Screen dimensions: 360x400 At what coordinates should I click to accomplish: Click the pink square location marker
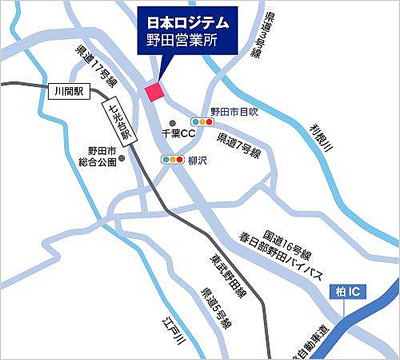(x=154, y=92)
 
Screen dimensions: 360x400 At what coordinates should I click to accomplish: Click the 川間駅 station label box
(x=69, y=91)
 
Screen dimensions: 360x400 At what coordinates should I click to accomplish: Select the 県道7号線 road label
(x=241, y=145)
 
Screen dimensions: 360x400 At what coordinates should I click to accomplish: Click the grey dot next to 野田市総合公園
(x=122, y=157)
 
